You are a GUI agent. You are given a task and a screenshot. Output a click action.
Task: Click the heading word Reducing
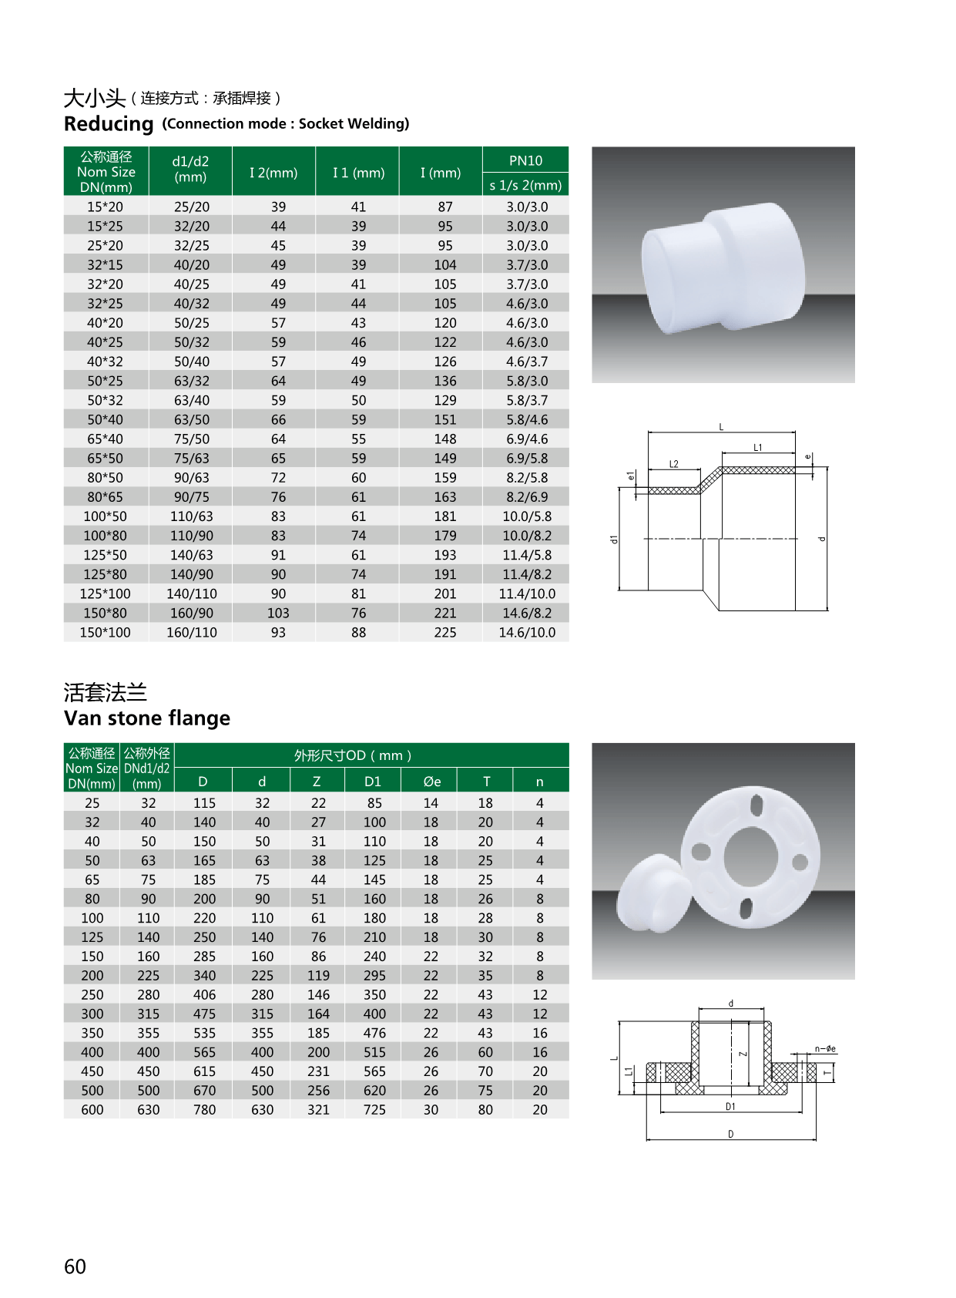109,124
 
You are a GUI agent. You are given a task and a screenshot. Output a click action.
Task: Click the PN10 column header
525,160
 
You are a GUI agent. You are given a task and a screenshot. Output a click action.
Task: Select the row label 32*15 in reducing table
105,264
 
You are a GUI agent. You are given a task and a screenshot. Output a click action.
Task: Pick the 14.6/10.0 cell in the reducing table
527,632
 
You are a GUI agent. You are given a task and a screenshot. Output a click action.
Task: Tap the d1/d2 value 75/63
192,458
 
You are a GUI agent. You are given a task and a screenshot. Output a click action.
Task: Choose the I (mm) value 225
444,632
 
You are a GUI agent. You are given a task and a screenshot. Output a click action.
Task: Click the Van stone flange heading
147,718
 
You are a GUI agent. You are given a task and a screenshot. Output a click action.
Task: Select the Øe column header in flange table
431,782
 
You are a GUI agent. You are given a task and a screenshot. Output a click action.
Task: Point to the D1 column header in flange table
373,782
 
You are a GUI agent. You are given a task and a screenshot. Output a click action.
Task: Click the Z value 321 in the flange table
318,1110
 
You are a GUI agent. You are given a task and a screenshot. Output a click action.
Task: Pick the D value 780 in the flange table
204,1110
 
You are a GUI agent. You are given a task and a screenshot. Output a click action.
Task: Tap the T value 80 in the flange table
485,1110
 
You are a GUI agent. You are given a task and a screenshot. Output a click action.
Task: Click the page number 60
75,1266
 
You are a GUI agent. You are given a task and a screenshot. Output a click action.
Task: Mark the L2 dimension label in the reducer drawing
674,464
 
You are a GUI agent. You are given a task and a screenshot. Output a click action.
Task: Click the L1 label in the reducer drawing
758,447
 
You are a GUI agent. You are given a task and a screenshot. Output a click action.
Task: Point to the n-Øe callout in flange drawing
825,1049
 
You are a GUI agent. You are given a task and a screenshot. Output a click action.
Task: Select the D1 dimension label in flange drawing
730,1107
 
